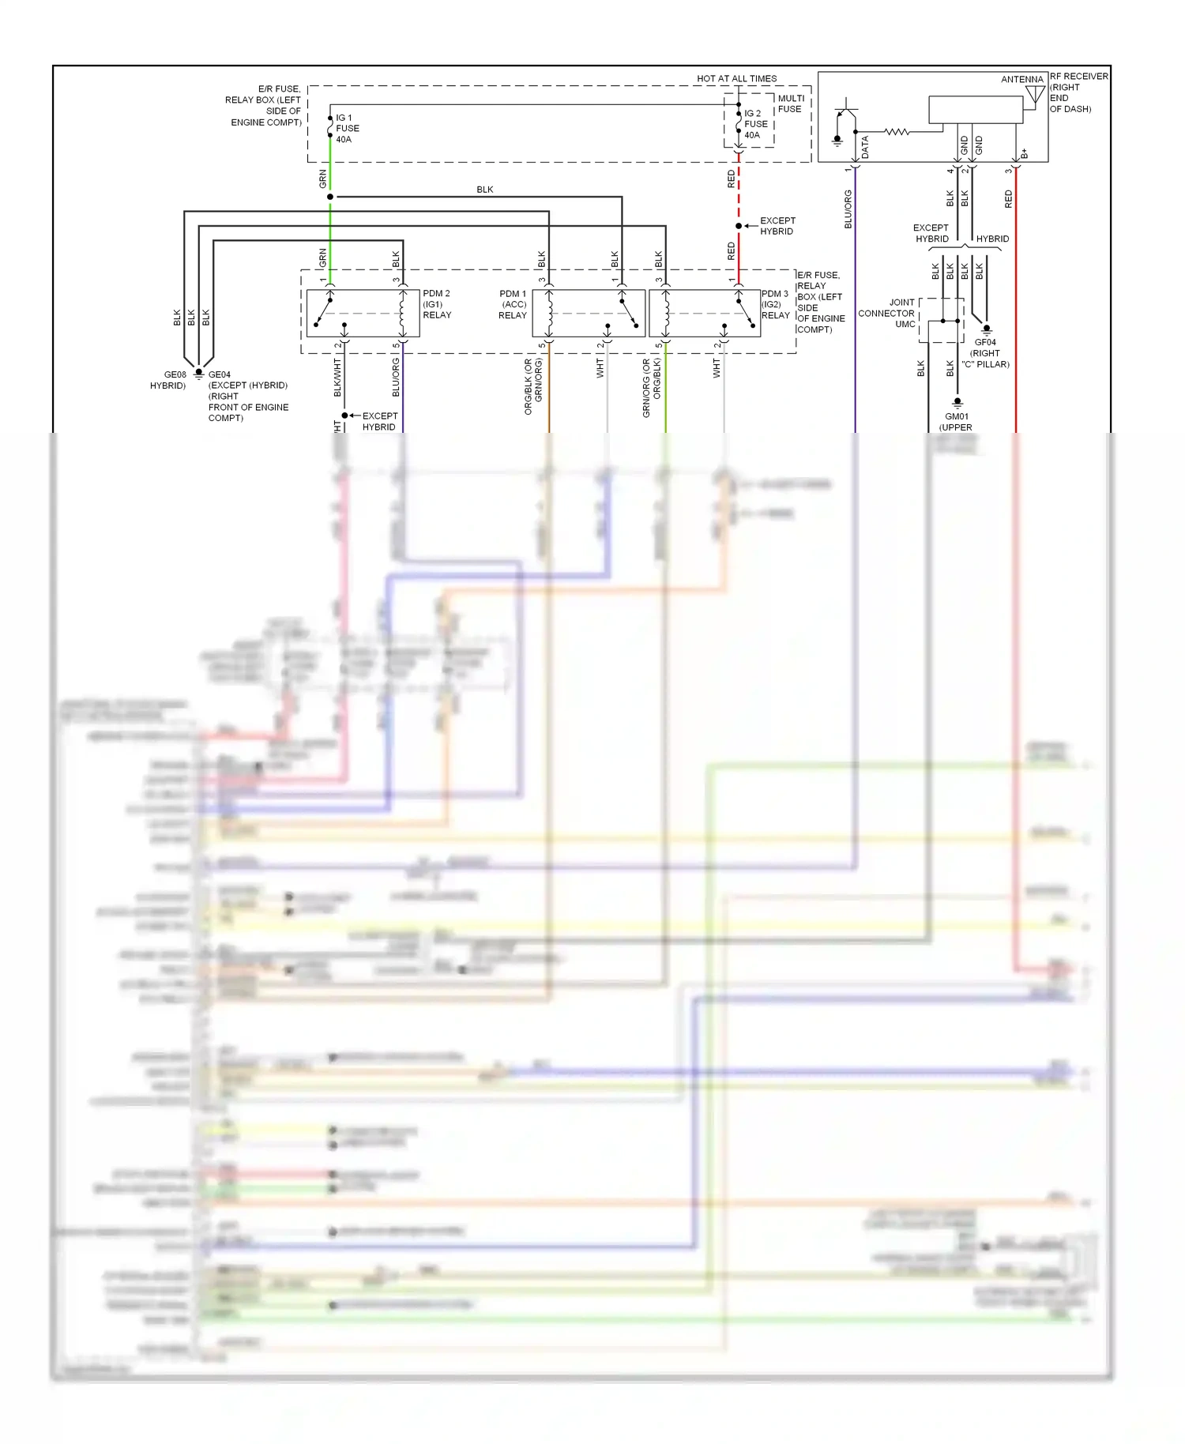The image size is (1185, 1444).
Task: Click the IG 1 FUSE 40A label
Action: point(347,129)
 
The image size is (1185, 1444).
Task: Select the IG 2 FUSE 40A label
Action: point(755,124)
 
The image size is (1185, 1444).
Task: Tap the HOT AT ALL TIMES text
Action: point(736,78)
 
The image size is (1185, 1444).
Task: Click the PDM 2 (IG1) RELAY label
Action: point(436,304)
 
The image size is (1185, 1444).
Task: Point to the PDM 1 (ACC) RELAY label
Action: point(513,304)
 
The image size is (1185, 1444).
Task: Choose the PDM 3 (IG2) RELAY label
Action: point(775,304)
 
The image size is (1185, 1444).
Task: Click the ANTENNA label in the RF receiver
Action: point(1021,79)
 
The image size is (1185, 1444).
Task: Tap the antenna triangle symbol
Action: point(1035,96)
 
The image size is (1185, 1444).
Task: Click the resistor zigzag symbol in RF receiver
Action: point(897,132)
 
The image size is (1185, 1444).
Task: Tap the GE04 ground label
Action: point(220,374)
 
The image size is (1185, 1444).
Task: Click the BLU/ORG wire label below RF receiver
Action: point(848,209)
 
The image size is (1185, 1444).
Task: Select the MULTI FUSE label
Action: point(790,103)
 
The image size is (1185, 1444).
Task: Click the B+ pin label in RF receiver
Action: point(1025,153)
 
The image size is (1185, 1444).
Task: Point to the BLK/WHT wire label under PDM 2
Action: point(337,378)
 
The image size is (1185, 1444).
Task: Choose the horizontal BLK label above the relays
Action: point(484,190)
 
